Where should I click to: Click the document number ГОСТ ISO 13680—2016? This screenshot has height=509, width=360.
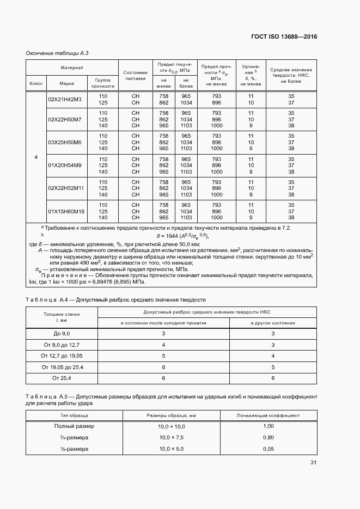pos(284,36)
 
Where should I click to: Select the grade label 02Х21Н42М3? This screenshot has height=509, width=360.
pos(64,99)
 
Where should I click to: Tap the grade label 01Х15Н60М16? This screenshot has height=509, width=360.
pos(66,211)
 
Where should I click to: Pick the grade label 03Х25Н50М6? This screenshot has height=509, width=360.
pos(64,142)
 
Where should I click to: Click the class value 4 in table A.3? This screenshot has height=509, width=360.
pos(36,157)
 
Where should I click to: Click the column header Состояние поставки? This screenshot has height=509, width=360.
pos(136,75)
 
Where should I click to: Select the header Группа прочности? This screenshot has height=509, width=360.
pos(103,83)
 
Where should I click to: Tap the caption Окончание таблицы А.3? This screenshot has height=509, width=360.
pos(57,53)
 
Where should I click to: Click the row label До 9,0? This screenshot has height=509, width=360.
pos(62,333)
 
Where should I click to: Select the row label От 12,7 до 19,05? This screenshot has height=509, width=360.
pos(62,355)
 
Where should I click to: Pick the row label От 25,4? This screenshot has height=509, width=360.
pos(62,378)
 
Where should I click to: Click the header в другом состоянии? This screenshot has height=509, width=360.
pos(273,323)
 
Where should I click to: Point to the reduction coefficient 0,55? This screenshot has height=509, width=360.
pos(268,449)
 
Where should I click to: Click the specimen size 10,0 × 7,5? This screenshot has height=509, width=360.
pos(172,437)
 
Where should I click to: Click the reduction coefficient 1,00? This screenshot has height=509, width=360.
pos(268,426)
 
